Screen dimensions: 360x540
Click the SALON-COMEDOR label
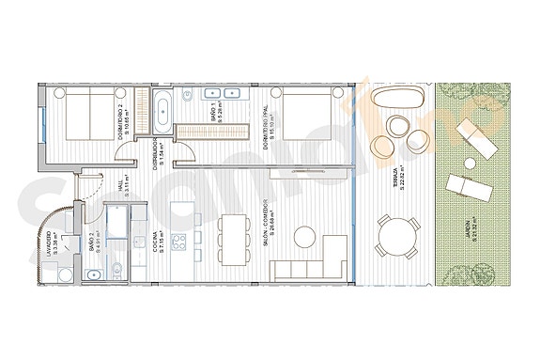(x=270, y=218)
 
